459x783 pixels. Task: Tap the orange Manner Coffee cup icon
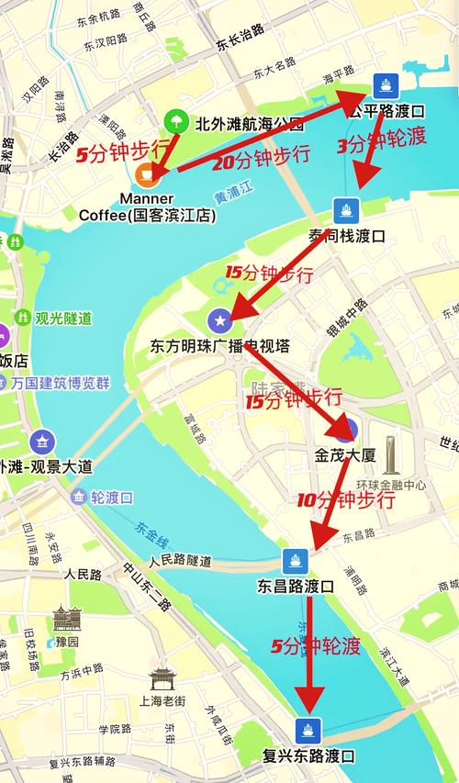[145, 173]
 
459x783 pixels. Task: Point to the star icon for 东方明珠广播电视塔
[218, 320]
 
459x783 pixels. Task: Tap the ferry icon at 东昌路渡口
[295, 559]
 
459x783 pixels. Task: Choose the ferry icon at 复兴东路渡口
[308, 730]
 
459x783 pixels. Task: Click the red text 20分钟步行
[261, 157]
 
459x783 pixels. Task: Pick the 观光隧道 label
[63, 319]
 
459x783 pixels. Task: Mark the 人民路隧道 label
[180, 559]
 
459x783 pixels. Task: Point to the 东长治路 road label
[241, 37]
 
